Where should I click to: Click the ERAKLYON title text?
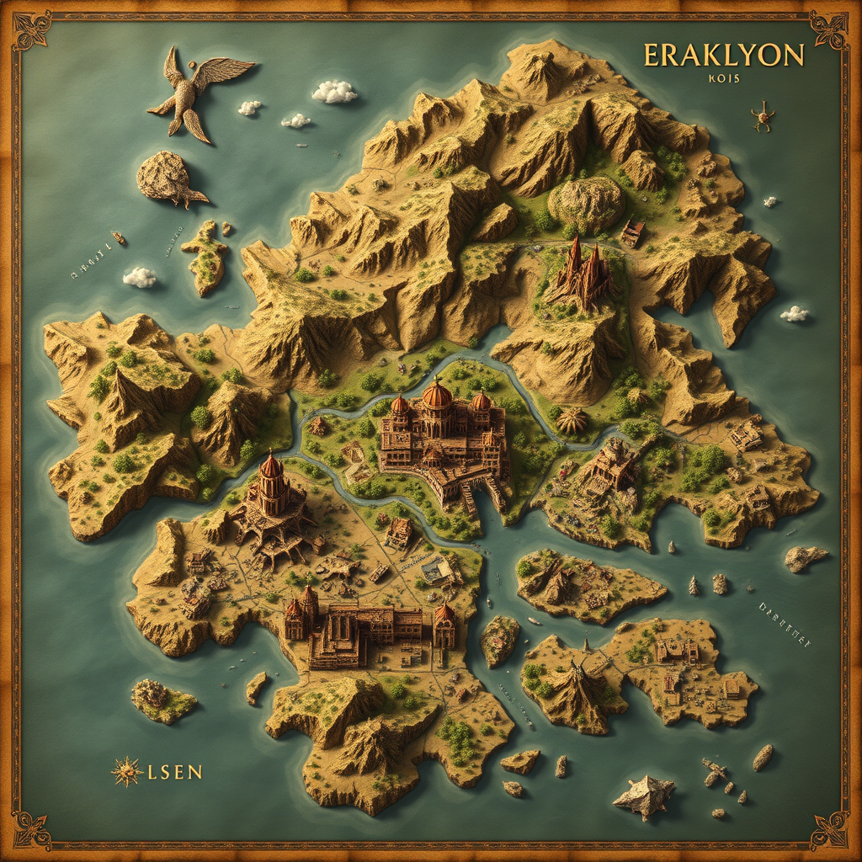(723, 56)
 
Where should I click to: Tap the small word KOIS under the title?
(721, 80)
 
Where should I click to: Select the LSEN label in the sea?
(174, 771)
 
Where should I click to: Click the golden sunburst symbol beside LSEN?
(126, 771)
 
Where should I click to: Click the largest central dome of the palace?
(437, 395)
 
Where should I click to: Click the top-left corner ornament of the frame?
(32, 30)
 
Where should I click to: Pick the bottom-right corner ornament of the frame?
(829, 830)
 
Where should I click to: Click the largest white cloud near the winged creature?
(335, 92)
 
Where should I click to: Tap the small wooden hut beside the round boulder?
(632, 232)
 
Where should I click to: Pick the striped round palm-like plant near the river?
(572, 420)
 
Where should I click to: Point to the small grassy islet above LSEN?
(163, 700)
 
